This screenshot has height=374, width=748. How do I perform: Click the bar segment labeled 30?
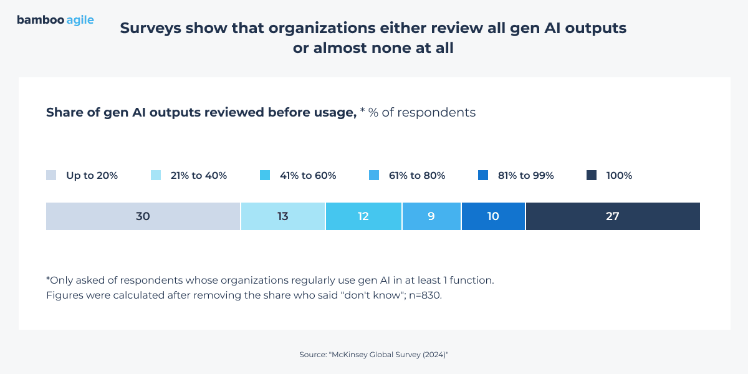pos(143,216)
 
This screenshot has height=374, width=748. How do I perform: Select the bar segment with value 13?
pos(282,216)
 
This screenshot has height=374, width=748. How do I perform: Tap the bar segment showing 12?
pos(363,216)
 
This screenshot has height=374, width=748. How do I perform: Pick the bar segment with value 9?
pos(431,216)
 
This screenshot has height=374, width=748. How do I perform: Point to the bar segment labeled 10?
pos(493,216)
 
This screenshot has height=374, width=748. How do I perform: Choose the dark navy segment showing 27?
pos(612,216)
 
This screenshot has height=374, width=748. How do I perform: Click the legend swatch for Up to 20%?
pos(51,176)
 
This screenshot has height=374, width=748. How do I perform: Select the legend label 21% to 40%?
pos(198,176)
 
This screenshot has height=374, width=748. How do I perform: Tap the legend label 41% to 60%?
pos(308,176)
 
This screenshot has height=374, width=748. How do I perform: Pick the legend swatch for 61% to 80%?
pos(374,176)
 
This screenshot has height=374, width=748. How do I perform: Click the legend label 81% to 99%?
pos(525,176)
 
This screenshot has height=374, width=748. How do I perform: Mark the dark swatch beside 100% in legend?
pos(592,176)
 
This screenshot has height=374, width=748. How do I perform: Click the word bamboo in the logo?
pos(40,20)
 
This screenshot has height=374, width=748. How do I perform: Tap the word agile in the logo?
pos(80,21)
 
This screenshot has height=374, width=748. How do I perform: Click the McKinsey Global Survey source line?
pos(374,354)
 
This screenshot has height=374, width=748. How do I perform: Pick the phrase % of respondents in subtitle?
pos(422,112)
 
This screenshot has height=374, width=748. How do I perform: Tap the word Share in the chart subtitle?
pos(63,112)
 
